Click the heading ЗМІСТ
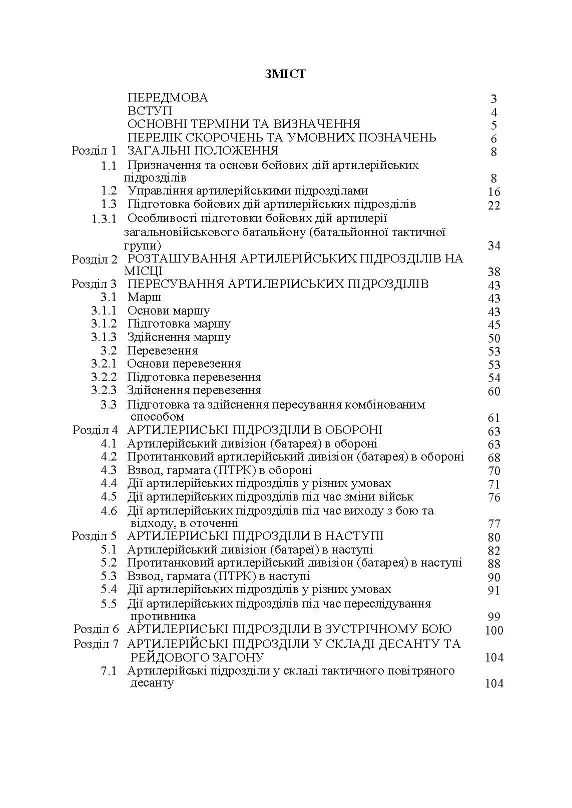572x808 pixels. [x=285, y=74]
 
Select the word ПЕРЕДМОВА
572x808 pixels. [x=168, y=97]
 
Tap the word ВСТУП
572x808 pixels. [x=150, y=111]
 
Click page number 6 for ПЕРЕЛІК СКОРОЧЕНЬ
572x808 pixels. [x=493, y=139]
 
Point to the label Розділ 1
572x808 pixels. [x=94, y=150]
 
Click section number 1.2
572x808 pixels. [x=109, y=190]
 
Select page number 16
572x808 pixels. [x=493, y=192]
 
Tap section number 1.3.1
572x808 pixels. [x=104, y=218]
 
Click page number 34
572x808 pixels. [x=493, y=245]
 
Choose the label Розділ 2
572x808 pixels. [x=94, y=259]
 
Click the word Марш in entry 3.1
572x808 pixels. [x=145, y=297]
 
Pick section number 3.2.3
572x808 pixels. [x=104, y=390]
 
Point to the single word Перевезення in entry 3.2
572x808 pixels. [x=162, y=350]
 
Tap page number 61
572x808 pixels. [x=493, y=418]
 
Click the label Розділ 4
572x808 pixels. [x=95, y=430]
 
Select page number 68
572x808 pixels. [x=493, y=457]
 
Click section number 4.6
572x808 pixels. [x=109, y=510]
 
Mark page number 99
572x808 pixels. [x=493, y=617]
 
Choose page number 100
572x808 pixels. [x=493, y=630]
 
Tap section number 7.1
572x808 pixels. [x=109, y=671]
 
